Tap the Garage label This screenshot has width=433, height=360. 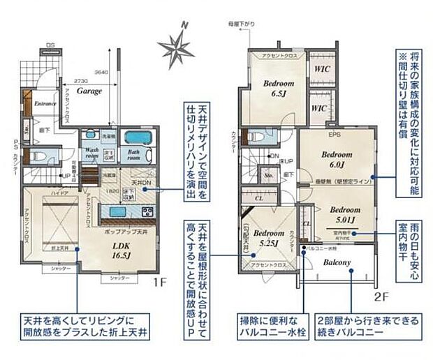click(89, 91)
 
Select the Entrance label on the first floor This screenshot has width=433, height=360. click(45, 103)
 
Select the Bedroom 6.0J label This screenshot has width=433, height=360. click(334, 160)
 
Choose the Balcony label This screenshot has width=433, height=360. click(337, 262)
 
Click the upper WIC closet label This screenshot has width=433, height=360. click(321, 70)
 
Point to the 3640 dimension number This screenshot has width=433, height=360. click(102, 71)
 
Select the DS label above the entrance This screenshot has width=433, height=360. click(50, 45)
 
